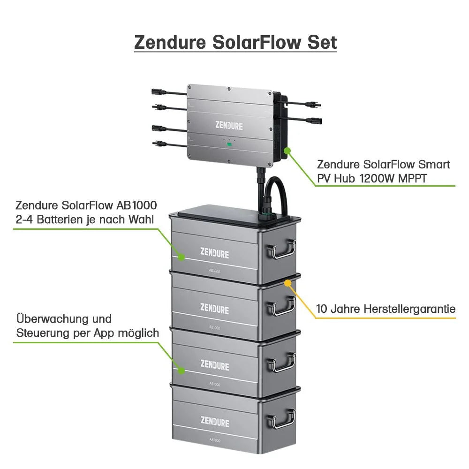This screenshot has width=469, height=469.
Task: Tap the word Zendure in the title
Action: pos(170,42)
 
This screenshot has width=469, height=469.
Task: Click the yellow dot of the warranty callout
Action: pos(287,283)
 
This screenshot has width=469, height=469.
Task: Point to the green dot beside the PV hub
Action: pos(287,150)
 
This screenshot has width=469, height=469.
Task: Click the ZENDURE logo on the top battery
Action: pos(215,254)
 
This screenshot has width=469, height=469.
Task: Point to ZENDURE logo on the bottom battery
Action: pos(215,422)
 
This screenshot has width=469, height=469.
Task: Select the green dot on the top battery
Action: pos(181,257)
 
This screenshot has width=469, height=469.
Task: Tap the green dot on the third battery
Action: pos(181,371)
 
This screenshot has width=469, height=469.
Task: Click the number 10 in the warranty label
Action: pos(322,309)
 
